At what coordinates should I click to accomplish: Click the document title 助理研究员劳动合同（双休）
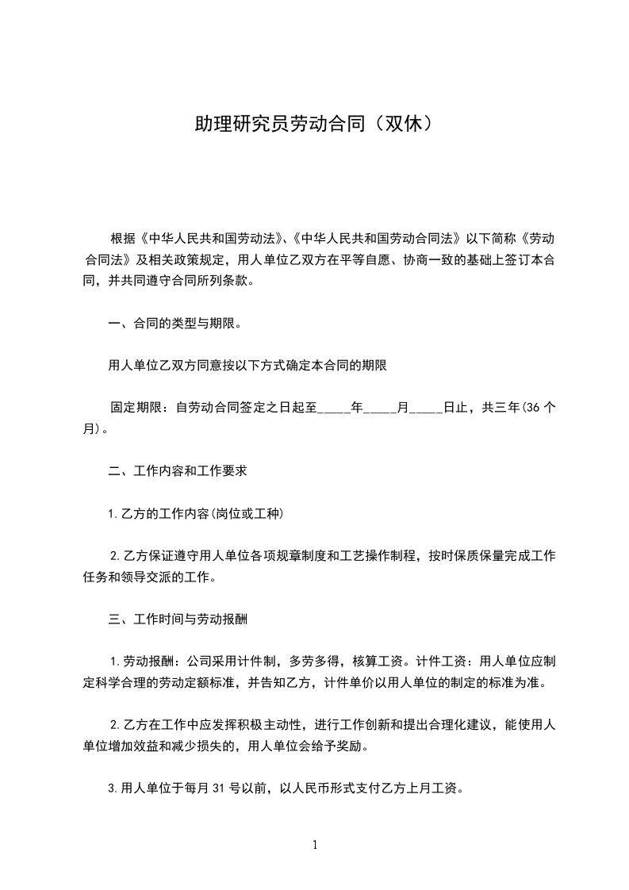314,124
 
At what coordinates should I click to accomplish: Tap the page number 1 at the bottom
315,845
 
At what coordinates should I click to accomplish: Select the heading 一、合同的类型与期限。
175,324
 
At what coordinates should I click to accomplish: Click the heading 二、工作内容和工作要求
178,470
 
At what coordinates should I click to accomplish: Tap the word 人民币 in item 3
320,789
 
